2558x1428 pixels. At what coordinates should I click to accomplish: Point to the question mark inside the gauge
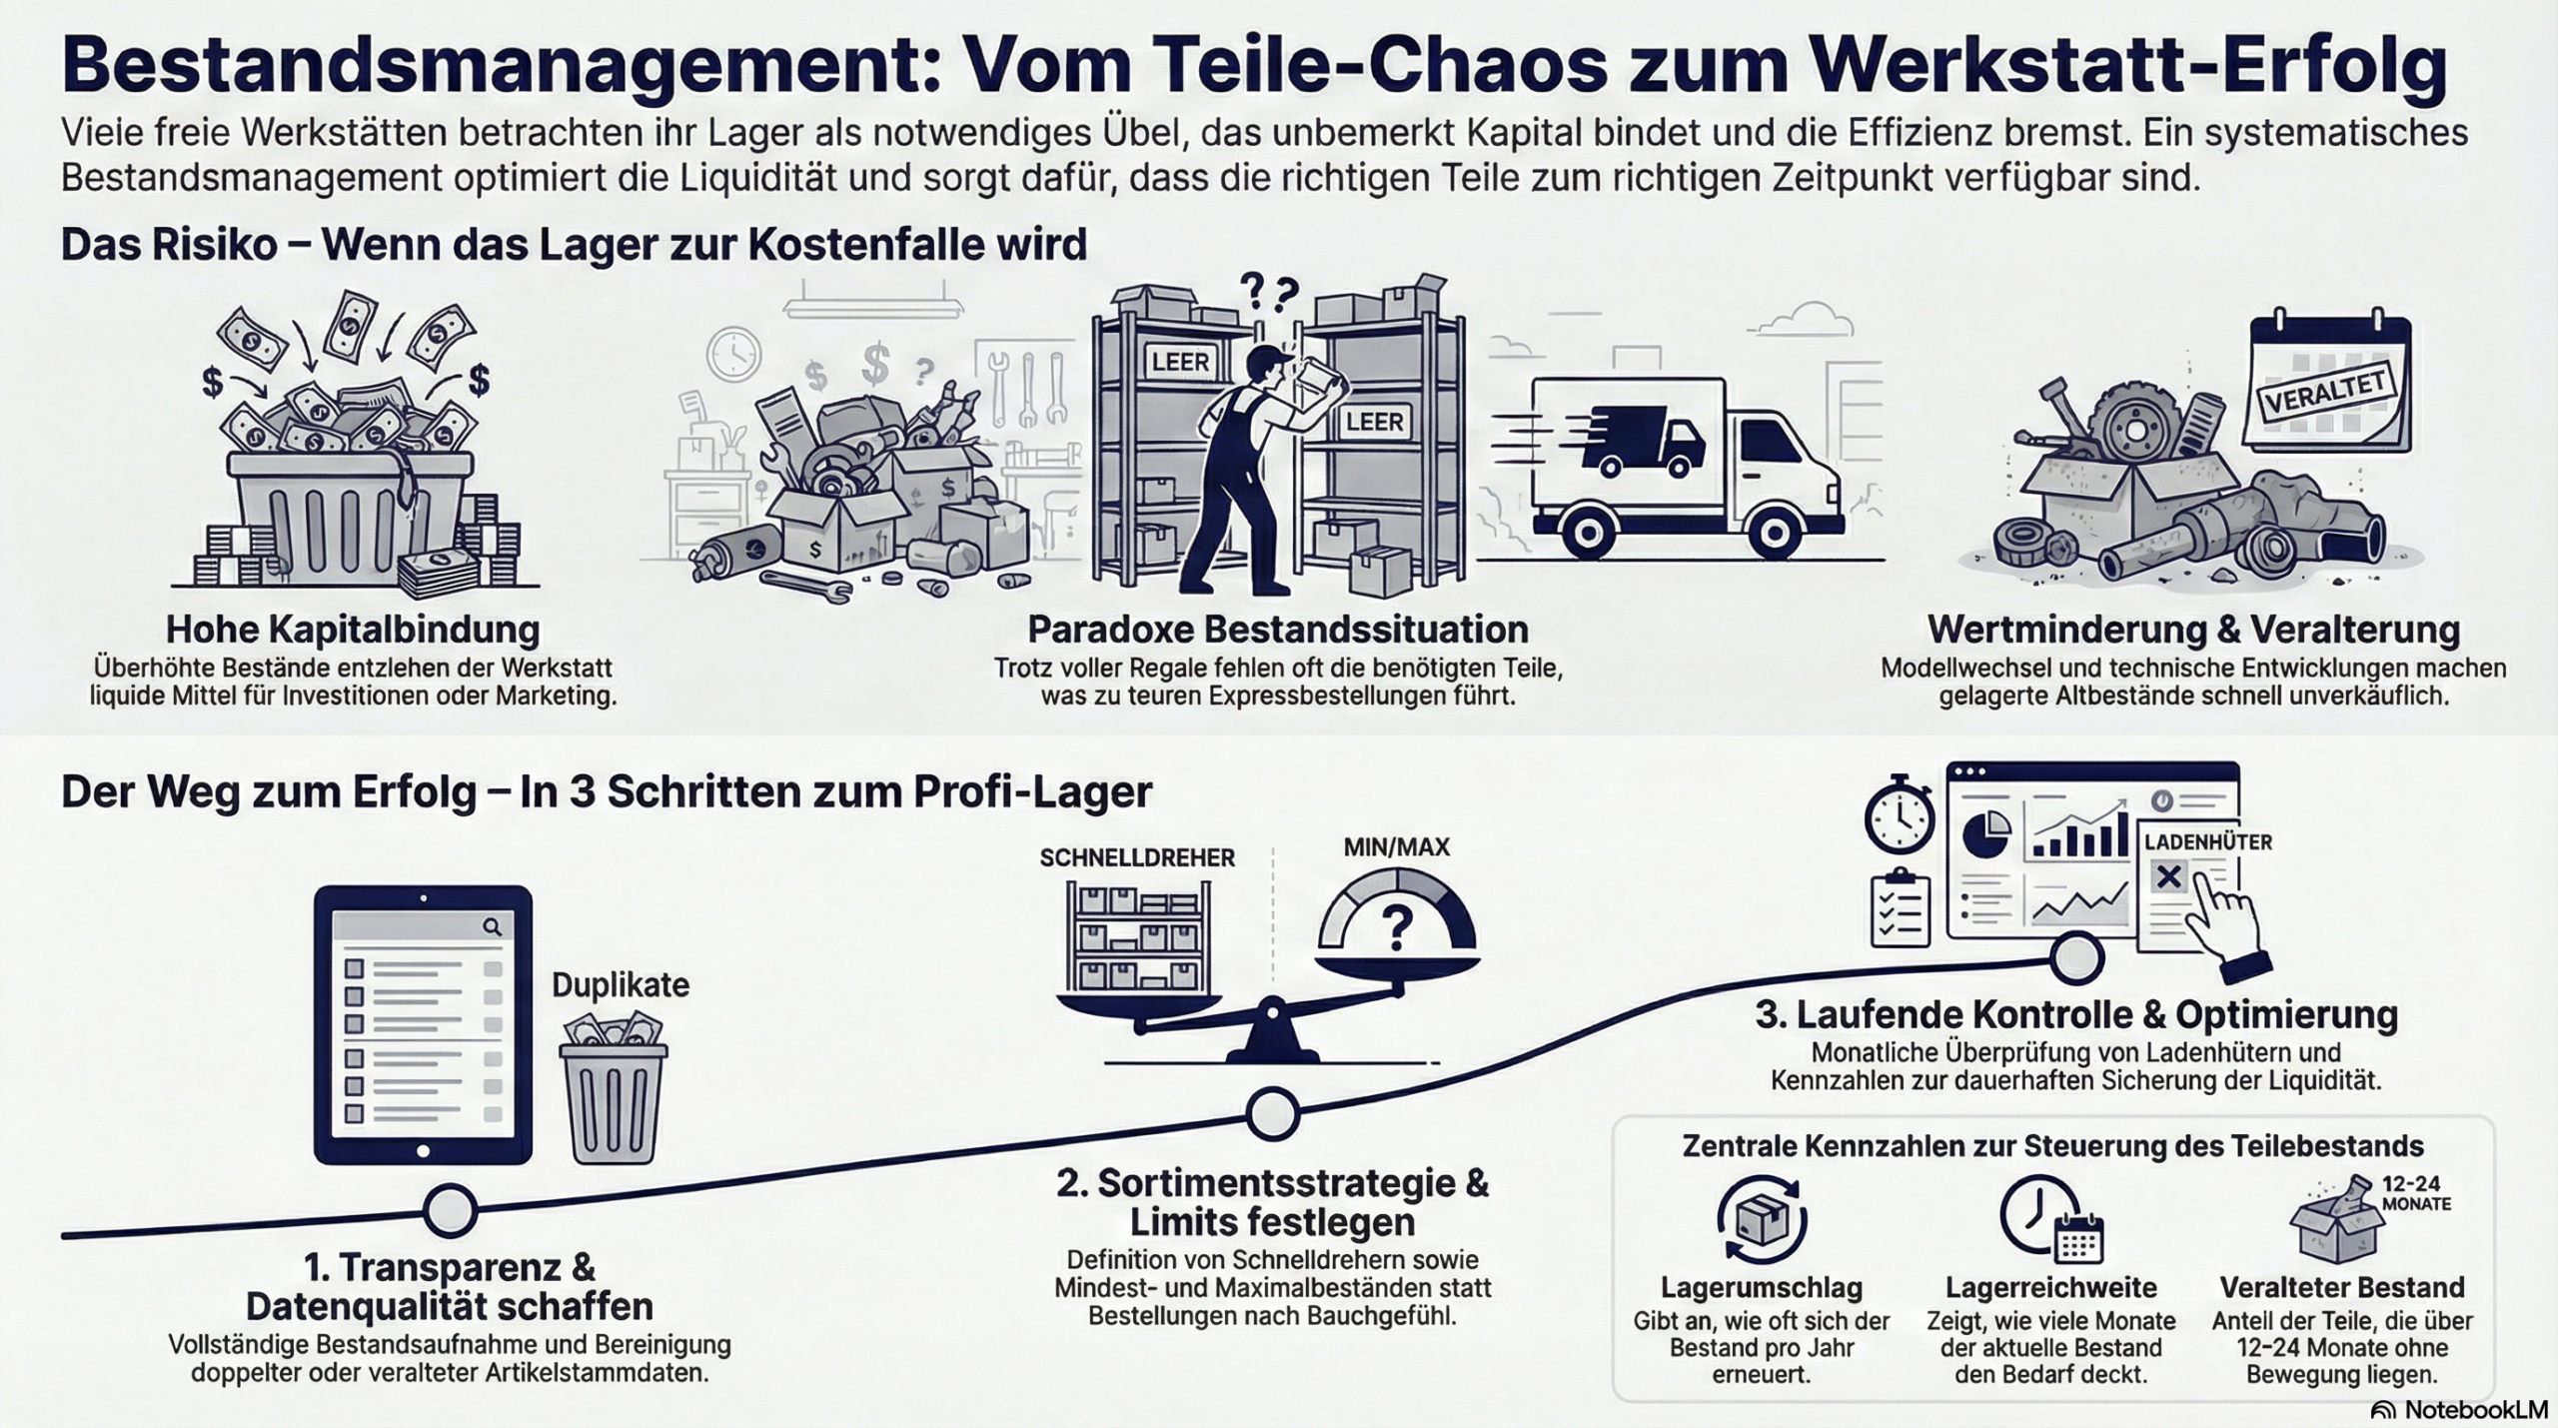coord(1396,927)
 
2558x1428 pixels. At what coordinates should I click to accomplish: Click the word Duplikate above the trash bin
coord(621,984)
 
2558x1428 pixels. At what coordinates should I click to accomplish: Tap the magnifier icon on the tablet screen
coord(492,926)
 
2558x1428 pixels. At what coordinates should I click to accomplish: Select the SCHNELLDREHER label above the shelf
coord(1137,857)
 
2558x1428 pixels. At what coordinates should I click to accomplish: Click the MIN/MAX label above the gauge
coord(1396,847)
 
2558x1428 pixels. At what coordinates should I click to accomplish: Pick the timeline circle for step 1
coord(450,1210)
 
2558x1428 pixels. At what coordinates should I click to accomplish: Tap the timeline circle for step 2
coord(1273,1112)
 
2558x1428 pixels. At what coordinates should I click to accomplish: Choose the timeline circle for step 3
coord(2077,957)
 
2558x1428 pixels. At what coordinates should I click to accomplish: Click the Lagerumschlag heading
coord(1761,1287)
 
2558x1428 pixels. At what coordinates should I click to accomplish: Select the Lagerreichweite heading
coord(2050,1287)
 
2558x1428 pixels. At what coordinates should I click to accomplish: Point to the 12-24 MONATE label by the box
coord(2416,1194)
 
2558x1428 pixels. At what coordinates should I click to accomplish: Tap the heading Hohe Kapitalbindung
coord(353,630)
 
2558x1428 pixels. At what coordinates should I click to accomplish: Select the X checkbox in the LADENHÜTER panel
coord(2168,877)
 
